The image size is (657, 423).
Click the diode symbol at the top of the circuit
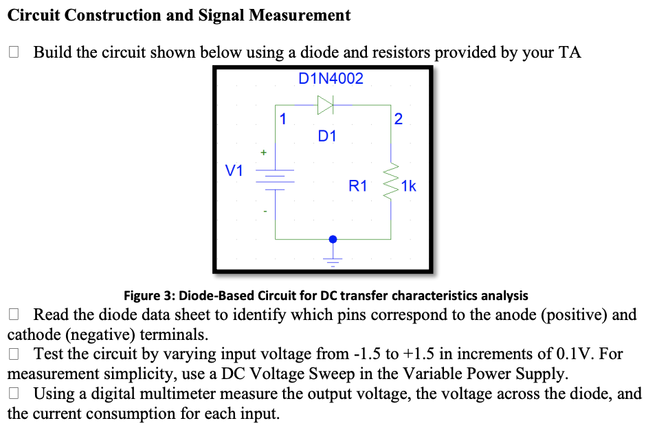coord(325,105)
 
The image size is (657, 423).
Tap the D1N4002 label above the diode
coord(331,79)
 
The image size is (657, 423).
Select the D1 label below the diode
coord(327,135)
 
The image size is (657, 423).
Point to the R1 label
coord(358,185)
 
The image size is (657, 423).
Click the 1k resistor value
coord(408,185)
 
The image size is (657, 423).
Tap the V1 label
coord(235,170)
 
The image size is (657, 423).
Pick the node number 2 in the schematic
coord(399,118)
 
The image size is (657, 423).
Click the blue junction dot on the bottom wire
coord(333,239)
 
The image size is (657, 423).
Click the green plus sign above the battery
coord(261,150)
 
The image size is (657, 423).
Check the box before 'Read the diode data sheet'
coord(14,315)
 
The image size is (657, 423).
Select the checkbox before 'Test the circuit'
coord(14,354)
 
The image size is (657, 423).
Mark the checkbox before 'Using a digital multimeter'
coord(14,393)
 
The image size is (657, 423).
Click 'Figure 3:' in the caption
coord(150,296)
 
